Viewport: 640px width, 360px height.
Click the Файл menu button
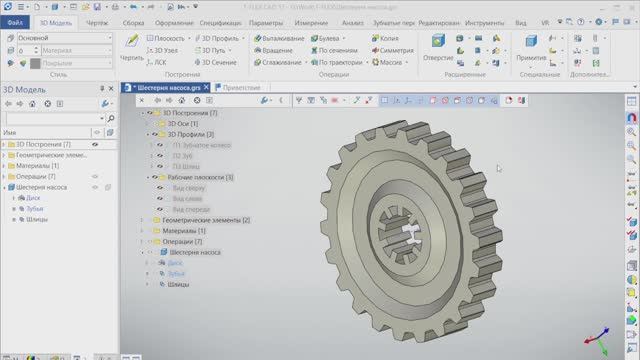[15, 21]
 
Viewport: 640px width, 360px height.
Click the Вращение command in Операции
[279, 49]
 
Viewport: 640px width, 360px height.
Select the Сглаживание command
[283, 62]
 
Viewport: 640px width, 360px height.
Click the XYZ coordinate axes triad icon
[600, 338]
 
